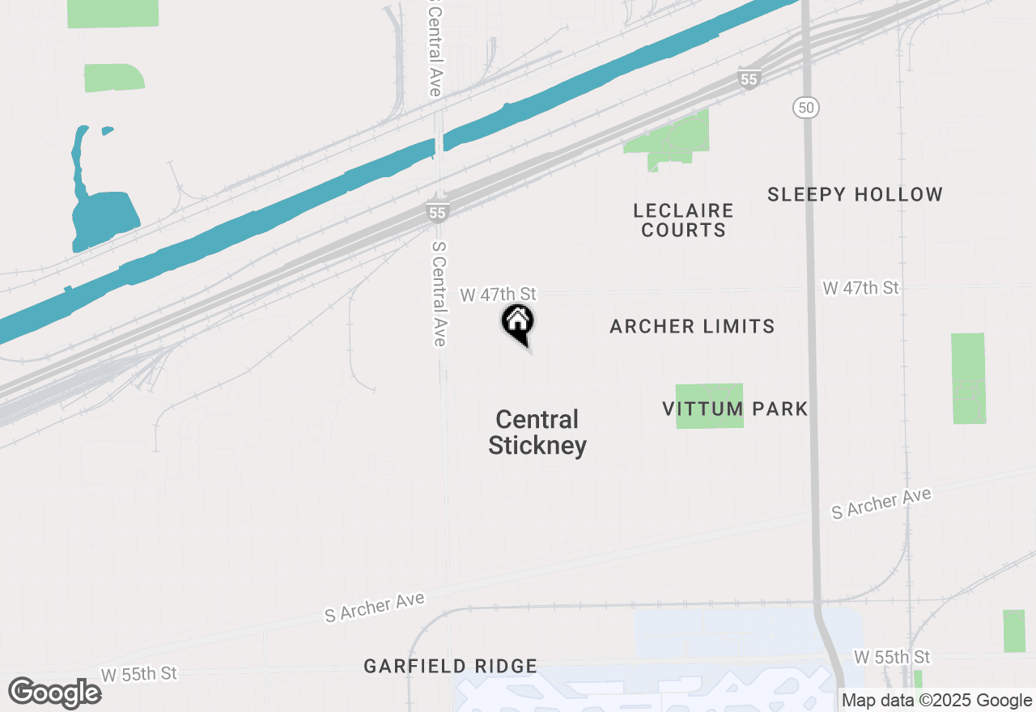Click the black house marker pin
[x=518, y=323]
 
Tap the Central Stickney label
[x=537, y=433]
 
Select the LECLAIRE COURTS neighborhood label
[x=684, y=220]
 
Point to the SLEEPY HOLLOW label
[x=856, y=194]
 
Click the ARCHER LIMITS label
[x=692, y=326]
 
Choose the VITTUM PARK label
[x=735, y=409]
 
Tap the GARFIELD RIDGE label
[x=450, y=666]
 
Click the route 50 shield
[x=806, y=107]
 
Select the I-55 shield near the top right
[x=749, y=78]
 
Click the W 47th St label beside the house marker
[x=498, y=295]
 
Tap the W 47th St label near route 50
[x=860, y=288]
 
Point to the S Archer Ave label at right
[x=881, y=503]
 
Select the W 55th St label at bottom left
[x=138, y=674]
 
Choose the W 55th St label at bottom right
[x=892, y=656]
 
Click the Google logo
[x=54, y=693]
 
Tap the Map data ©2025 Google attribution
[x=936, y=701]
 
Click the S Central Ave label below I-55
[x=439, y=293]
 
